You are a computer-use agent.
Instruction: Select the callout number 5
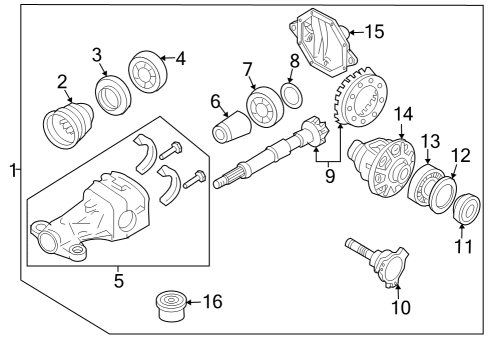(119, 282)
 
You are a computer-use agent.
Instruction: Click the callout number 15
(374, 31)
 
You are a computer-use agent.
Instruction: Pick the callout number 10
(400, 307)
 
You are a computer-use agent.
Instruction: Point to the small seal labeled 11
(465, 212)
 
